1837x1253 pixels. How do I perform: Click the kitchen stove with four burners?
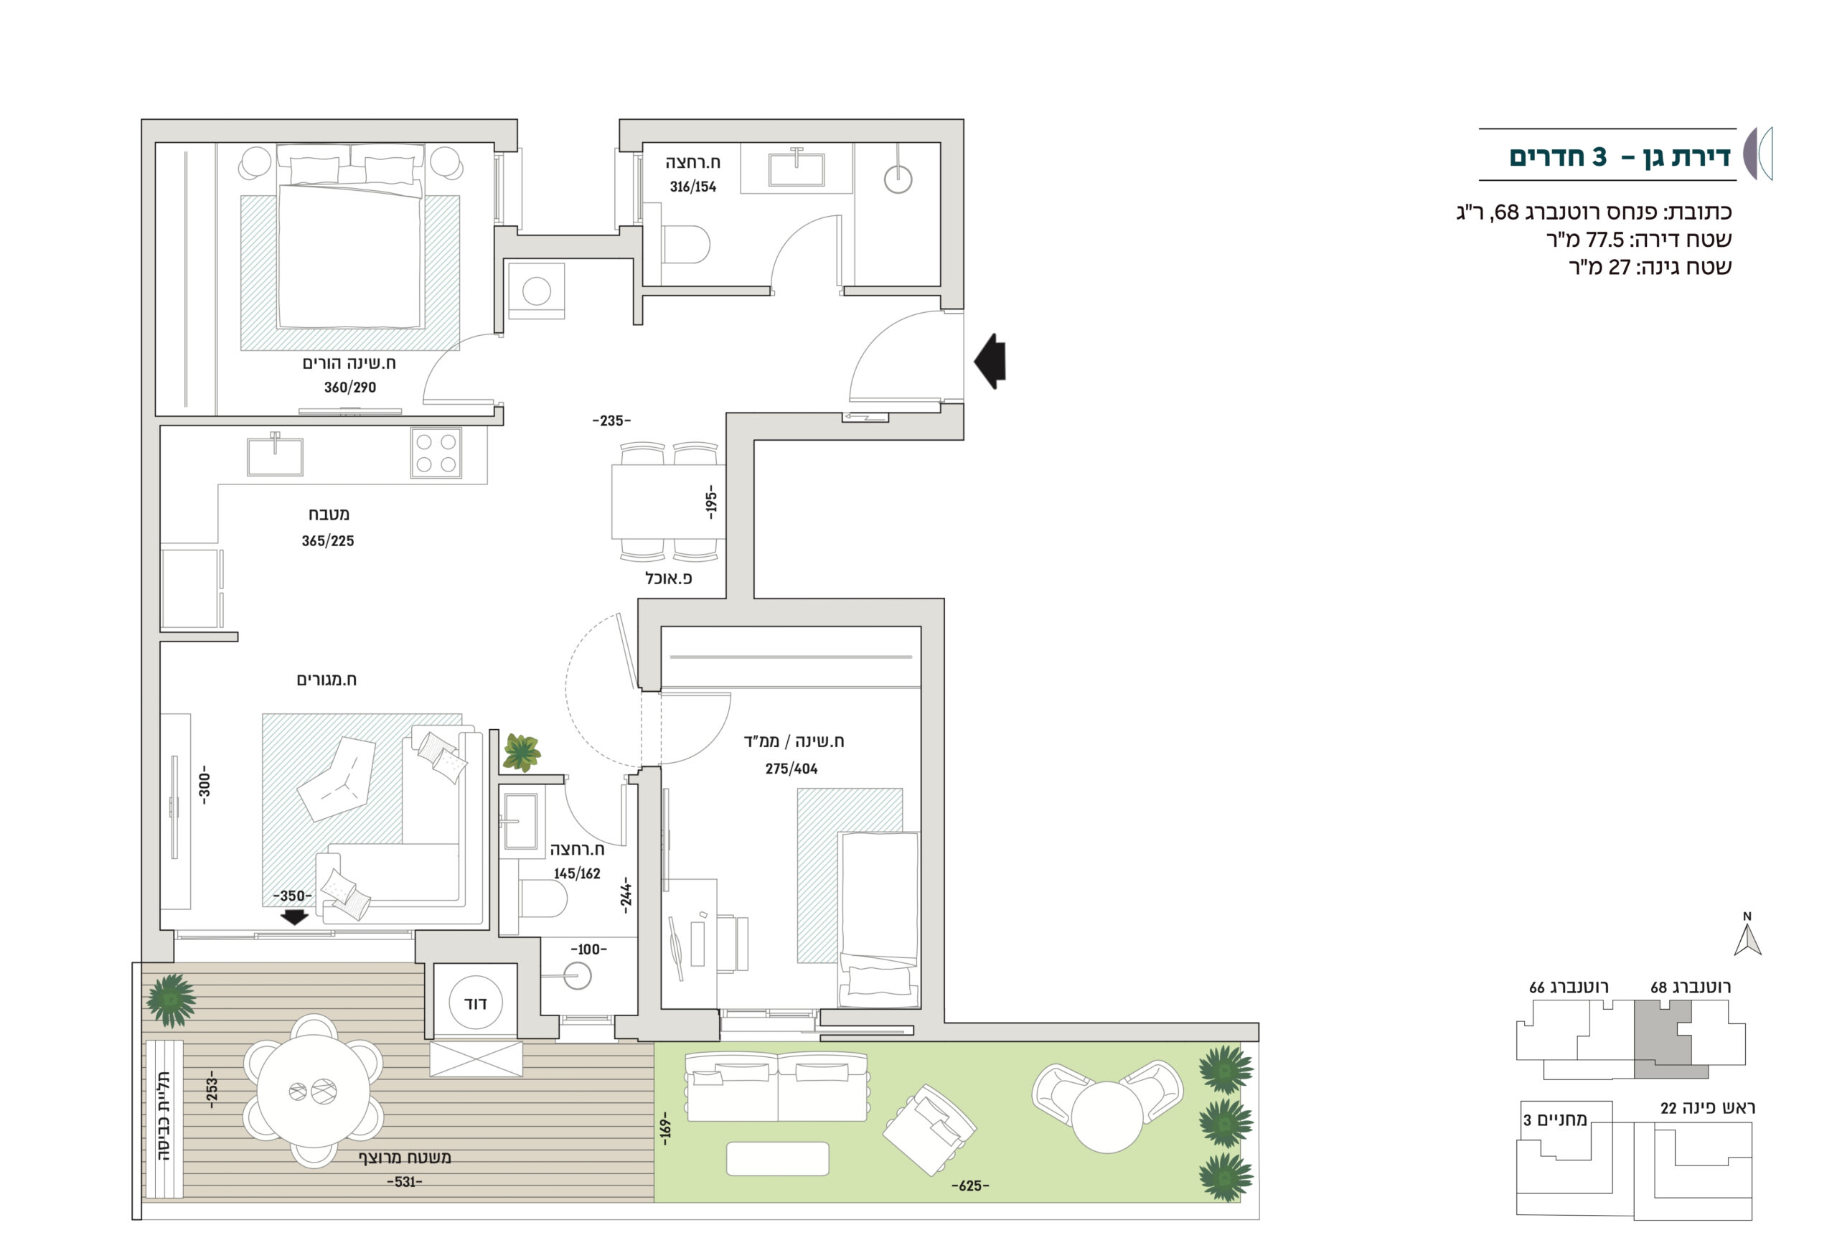coord(436,453)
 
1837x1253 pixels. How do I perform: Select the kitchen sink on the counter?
coord(274,456)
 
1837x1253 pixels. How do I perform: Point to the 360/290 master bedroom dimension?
coord(350,388)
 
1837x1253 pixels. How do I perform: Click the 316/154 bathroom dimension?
coord(692,187)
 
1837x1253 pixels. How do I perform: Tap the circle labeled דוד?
coord(475,1003)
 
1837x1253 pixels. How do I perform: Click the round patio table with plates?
coord(314,1091)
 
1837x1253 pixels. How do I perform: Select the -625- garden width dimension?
coord(970,1186)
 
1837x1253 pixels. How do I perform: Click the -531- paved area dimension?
coord(405,1182)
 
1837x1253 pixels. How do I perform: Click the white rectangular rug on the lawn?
coord(777,1159)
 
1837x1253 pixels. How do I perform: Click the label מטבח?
coord(329,514)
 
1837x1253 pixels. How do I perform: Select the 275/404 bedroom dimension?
coord(791,769)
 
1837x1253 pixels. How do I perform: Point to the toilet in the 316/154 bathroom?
coord(685,244)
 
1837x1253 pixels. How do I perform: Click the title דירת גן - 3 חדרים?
coord(1620,156)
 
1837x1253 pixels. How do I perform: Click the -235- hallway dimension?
coord(612,421)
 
